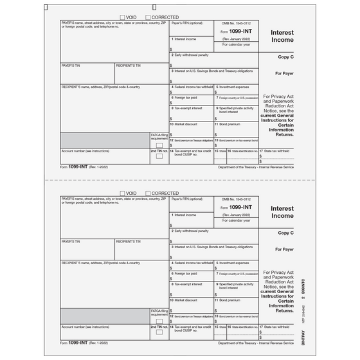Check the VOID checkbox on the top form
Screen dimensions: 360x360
tap(123, 17)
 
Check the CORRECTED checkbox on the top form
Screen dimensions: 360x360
tap(147, 17)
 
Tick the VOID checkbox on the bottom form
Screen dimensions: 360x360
tap(123, 193)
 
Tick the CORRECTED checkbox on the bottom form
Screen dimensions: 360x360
tap(147, 193)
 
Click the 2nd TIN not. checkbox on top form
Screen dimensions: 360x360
tap(159, 156)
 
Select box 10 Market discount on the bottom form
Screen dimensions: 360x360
tap(192, 305)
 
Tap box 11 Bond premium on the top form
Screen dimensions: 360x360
tap(236, 127)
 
